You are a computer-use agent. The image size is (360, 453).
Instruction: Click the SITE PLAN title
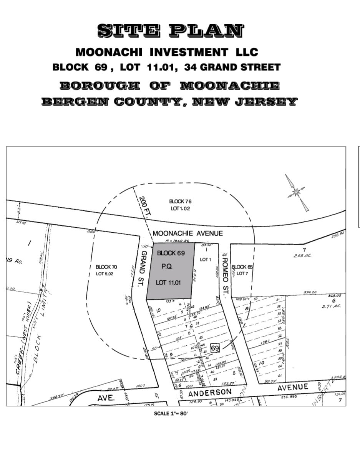tap(170, 31)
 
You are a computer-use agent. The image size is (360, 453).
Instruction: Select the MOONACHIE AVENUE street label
tap(187, 233)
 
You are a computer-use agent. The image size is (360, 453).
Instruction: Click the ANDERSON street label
tap(210, 393)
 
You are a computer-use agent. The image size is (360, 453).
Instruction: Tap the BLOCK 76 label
tap(180, 201)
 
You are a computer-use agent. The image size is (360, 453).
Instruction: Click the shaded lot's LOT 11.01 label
tap(168, 282)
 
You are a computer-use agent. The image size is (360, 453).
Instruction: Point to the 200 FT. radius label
tap(145, 208)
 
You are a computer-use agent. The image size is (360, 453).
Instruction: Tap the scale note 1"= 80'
tap(171, 413)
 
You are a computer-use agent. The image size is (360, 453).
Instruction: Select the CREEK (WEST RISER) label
tap(23, 338)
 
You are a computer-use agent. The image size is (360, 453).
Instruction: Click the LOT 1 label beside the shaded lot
tap(206, 260)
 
